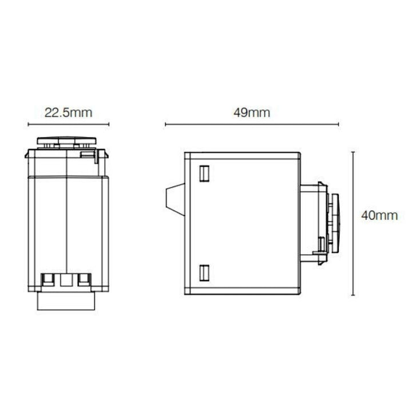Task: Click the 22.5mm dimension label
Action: [68, 112]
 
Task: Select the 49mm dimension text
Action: [252, 112]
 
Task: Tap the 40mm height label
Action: [379, 216]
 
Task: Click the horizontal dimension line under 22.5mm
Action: [68, 124]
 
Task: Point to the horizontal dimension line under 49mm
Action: [252, 124]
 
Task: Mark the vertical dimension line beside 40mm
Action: [352, 223]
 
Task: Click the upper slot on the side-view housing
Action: [204, 172]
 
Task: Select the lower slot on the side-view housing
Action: [204, 272]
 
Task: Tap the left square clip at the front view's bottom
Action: [49, 280]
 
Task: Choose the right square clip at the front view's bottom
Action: [85, 280]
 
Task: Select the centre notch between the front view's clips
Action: [68, 280]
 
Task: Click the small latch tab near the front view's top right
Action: [86, 153]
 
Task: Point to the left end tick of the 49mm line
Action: [165, 124]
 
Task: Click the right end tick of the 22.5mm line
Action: [108, 124]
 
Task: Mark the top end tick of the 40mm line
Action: [352, 151]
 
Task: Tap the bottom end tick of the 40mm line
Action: [352, 295]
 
